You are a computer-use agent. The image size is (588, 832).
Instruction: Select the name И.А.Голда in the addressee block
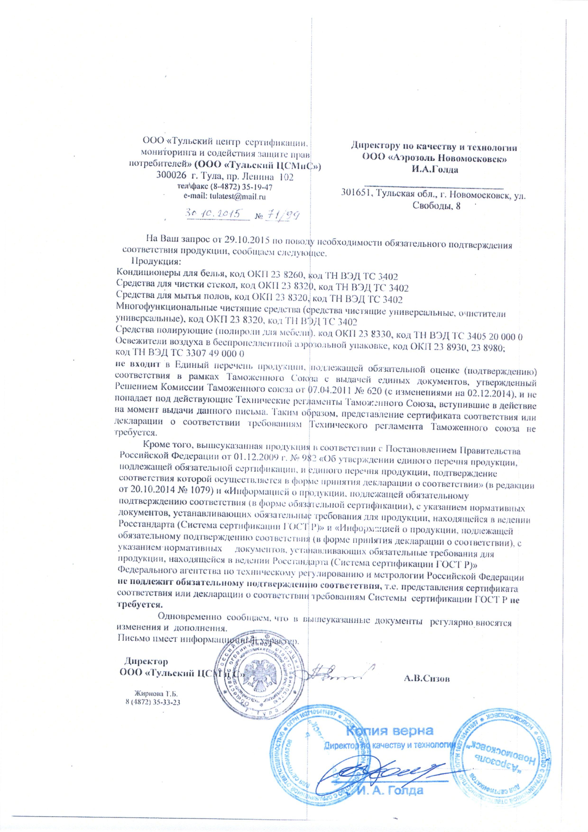click(434, 170)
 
